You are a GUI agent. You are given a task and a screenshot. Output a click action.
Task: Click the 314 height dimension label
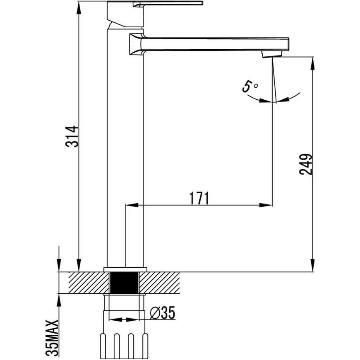pos(72,137)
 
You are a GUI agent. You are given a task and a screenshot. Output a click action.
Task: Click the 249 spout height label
pos(306,164)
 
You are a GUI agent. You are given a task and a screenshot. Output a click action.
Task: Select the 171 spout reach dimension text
pos(199,198)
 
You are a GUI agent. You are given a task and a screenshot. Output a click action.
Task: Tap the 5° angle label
pos(250,86)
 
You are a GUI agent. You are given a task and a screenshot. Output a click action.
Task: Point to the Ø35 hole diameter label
pos(163,312)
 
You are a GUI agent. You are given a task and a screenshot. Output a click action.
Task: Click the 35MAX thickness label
pos(52,338)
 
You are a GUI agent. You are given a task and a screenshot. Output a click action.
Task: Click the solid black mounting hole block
pos(124,283)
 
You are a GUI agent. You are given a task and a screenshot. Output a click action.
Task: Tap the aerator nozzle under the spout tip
pos(272,54)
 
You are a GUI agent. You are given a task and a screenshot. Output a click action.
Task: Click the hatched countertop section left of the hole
pos(89,283)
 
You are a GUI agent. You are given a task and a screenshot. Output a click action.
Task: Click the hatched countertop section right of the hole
pos(159,283)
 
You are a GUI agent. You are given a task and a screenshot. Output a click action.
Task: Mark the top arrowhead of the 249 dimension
pos(312,64)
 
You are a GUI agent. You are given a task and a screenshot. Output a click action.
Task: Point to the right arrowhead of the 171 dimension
pos(266,205)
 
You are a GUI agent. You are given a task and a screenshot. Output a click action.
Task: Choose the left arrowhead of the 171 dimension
pos(132,205)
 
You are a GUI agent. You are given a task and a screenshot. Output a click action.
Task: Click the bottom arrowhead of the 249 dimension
pos(312,265)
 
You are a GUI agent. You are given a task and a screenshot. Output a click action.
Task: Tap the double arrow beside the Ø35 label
pos(124,319)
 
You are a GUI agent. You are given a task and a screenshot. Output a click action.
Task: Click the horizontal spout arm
pos(209,44)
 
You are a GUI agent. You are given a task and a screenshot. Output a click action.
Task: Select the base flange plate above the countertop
pos(125,269)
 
